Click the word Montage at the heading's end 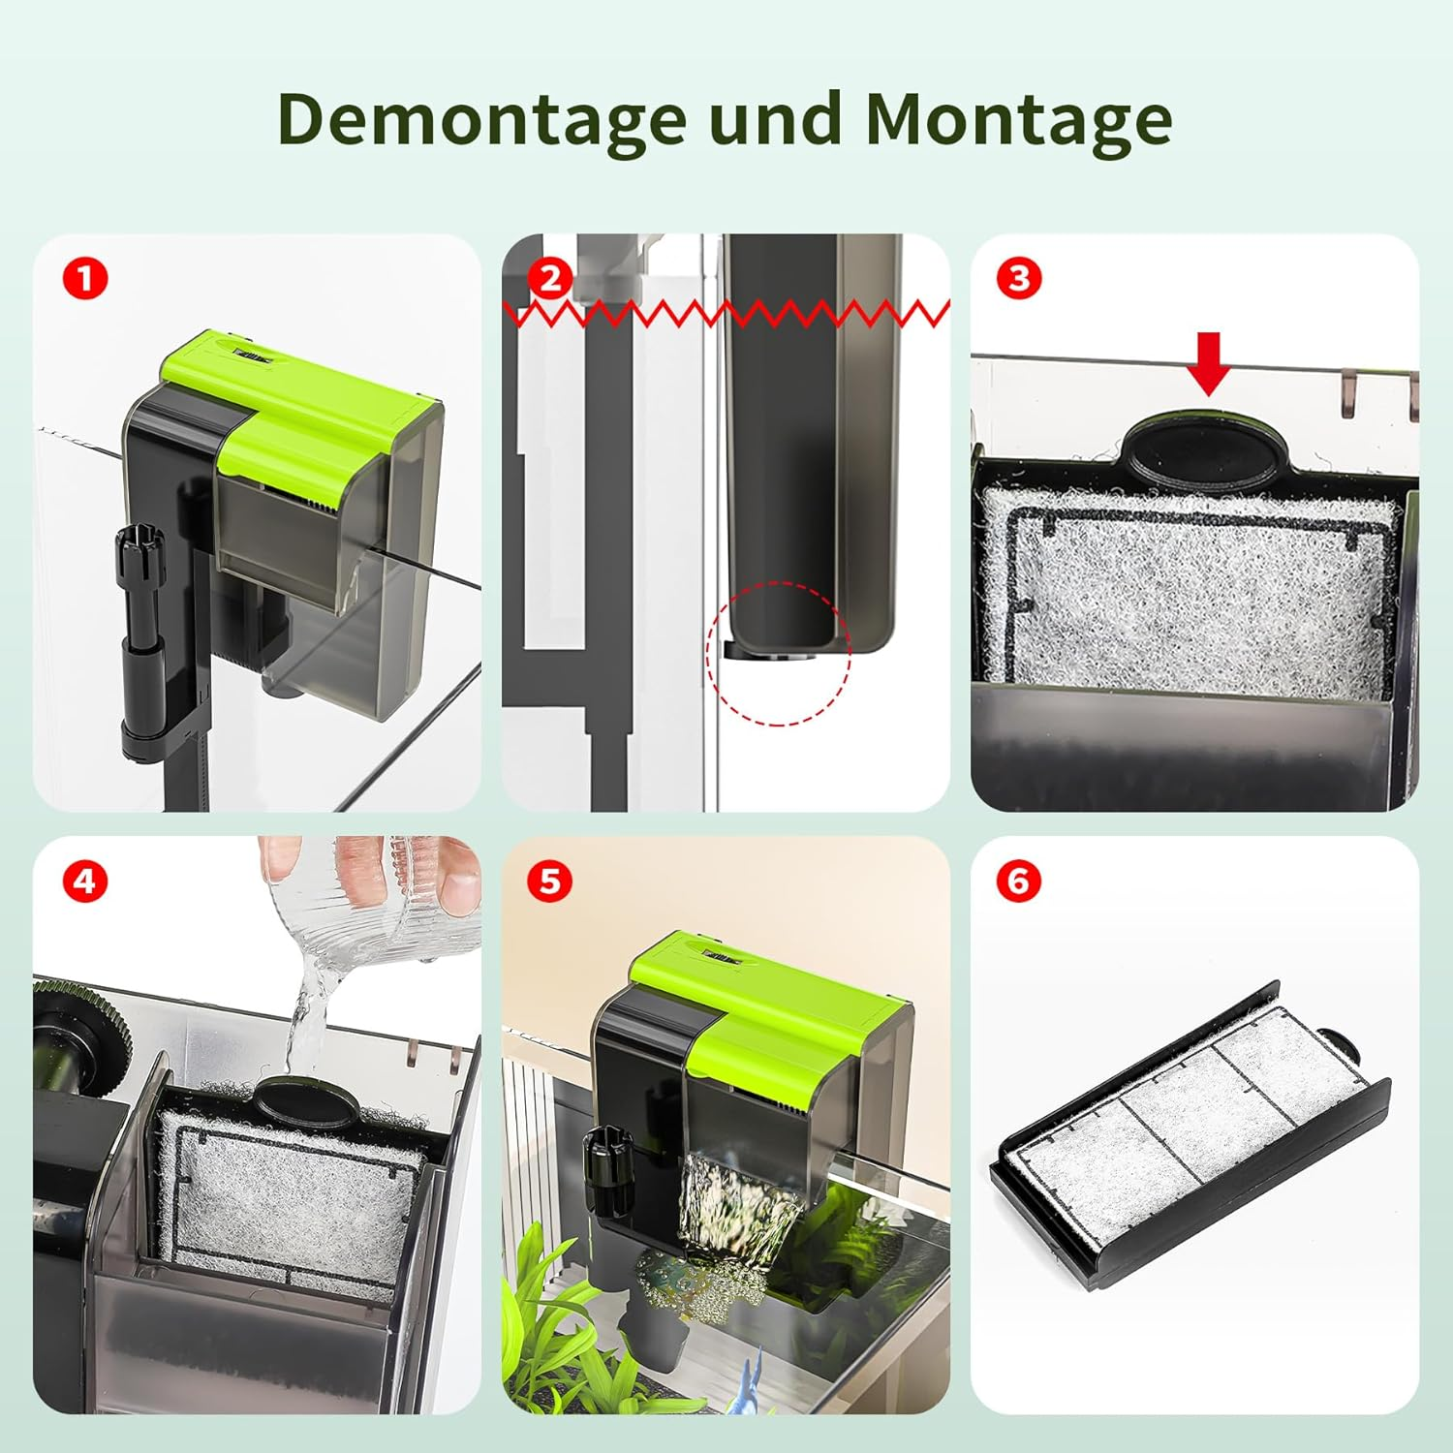pyautogui.click(x=1019, y=119)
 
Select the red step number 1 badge pyautogui.click(x=85, y=279)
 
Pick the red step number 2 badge pyautogui.click(x=550, y=279)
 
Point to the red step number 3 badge pyautogui.click(x=1019, y=279)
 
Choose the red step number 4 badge pyautogui.click(x=85, y=881)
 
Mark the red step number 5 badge pyautogui.click(x=550, y=881)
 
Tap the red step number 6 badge pyautogui.click(x=1019, y=881)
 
